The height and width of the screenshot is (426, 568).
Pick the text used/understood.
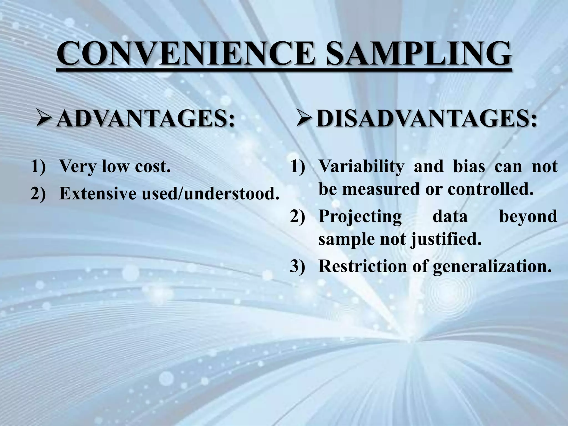pos(210,193)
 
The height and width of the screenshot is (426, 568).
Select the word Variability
pos(361,167)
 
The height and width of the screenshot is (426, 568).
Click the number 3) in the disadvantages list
pos(297,267)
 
